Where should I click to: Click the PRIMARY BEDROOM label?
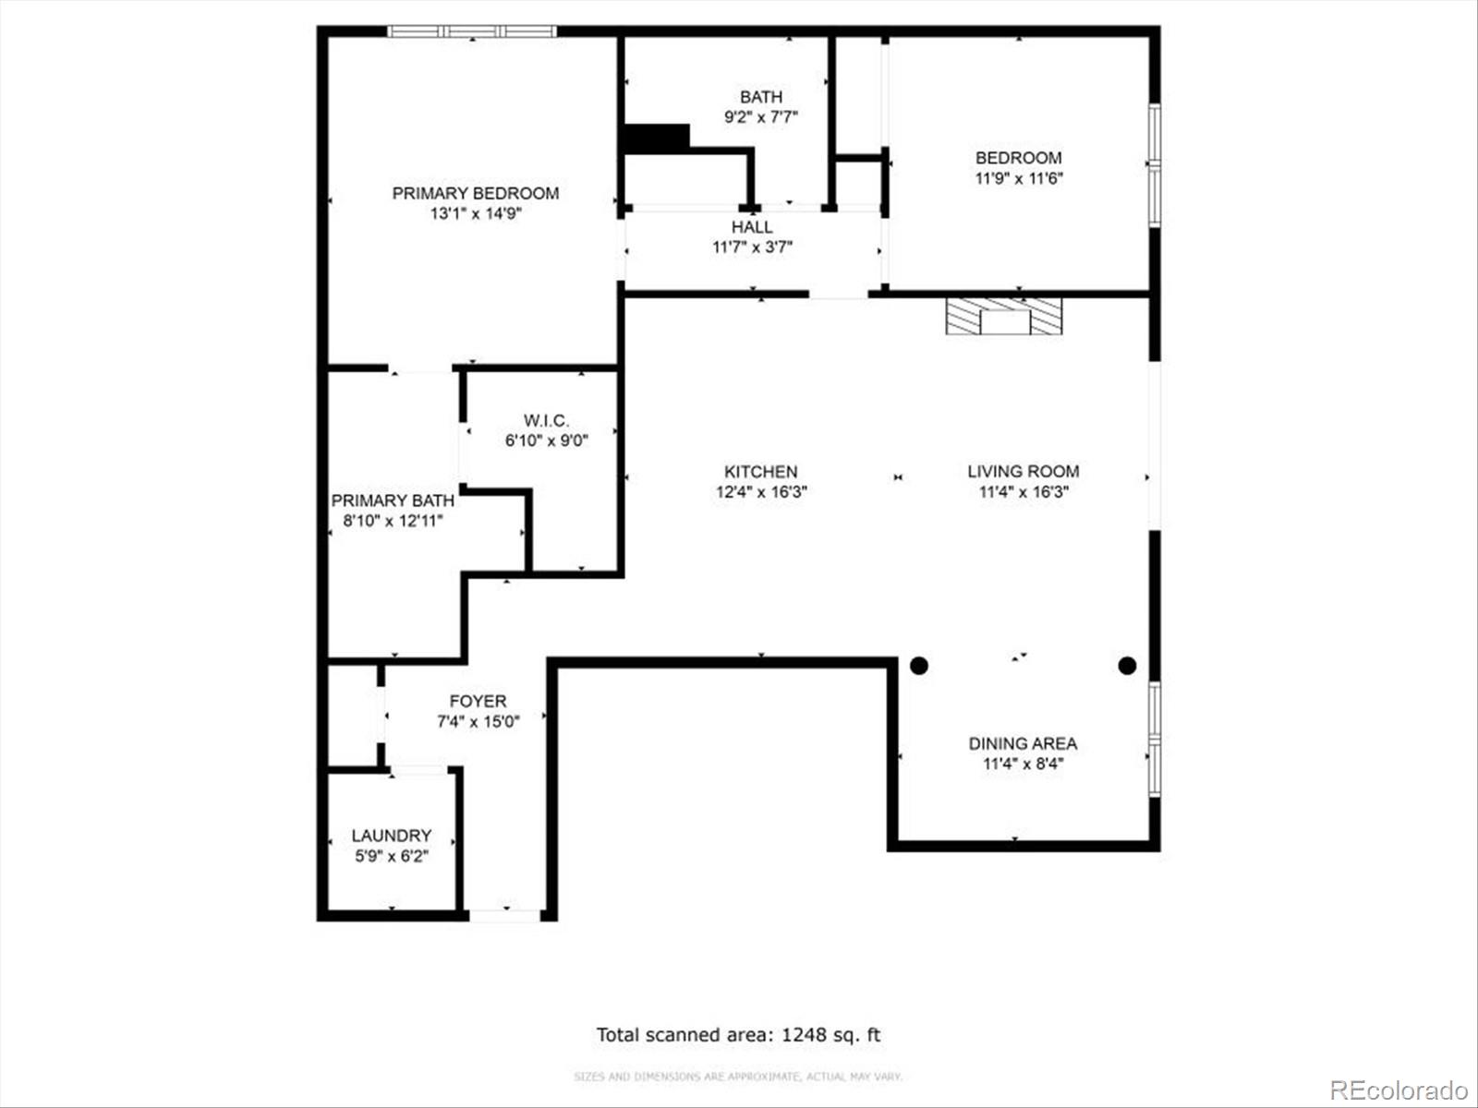click(475, 193)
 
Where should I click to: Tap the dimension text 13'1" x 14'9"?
click(475, 213)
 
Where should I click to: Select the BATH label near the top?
click(760, 97)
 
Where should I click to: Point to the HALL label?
click(752, 227)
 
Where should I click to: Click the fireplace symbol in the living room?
click(1004, 316)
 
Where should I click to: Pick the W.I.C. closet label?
click(546, 421)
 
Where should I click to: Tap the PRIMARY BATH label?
click(393, 500)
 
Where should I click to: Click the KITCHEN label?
click(760, 471)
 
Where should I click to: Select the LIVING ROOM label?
click(1023, 471)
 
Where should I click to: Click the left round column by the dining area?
click(919, 665)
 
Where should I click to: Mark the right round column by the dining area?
click(1126, 665)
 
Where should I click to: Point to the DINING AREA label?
click(1023, 743)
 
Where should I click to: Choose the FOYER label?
click(478, 701)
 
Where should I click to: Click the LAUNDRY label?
click(391, 836)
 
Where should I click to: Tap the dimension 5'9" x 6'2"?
click(391, 856)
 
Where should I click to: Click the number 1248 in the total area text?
click(802, 1034)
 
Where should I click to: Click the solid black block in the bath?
click(657, 138)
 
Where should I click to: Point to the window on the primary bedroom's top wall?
click(471, 31)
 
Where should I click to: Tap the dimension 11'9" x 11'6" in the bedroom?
click(1019, 178)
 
